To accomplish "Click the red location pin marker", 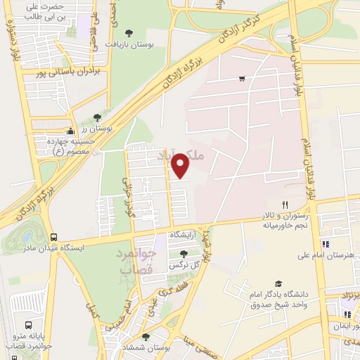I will coord(181,165).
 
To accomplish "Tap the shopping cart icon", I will coord(242,79).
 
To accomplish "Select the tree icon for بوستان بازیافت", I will coord(128,33).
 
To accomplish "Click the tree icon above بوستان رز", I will coord(97,117).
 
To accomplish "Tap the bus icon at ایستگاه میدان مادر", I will coord(54,237).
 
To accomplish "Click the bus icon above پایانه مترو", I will coord(28,326).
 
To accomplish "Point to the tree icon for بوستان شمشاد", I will coord(146,337).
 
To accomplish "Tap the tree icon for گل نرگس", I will coord(184,254).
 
